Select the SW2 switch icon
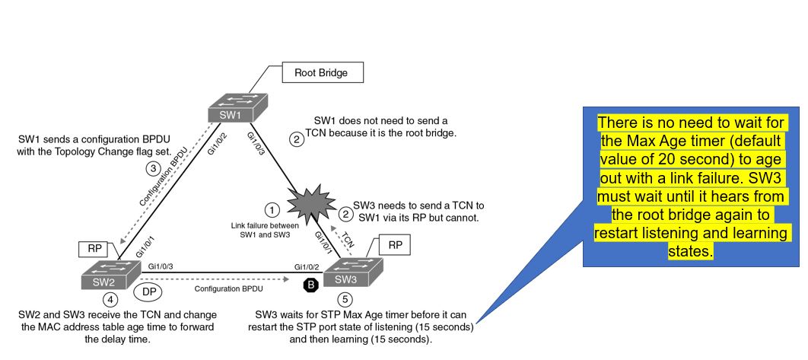pos(111,274)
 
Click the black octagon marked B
pos(310,285)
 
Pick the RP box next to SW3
pos(395,246)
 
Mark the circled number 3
pos(153,168)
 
